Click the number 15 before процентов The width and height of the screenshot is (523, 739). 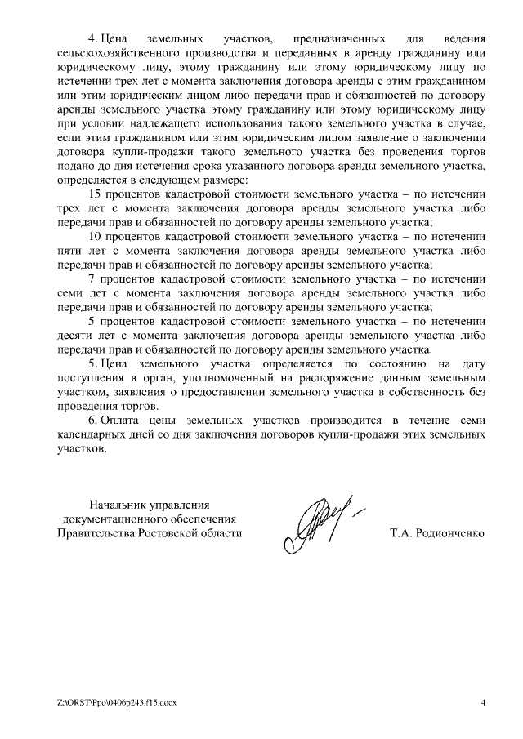tap(93, 194)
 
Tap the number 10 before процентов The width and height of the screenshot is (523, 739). tap(93, 237)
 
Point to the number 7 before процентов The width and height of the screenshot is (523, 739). tap(92, 279)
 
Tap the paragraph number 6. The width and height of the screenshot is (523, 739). tap(92, 421)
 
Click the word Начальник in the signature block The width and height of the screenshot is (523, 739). tap(118, 505)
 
